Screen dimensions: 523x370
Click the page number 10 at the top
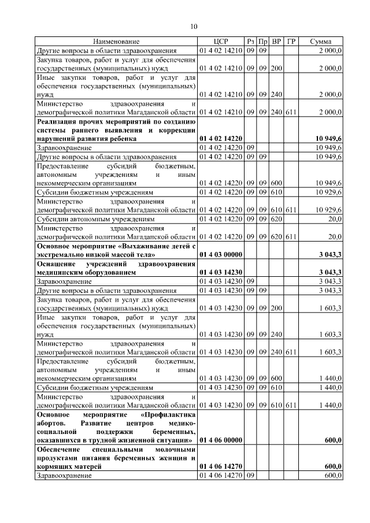point(194,26)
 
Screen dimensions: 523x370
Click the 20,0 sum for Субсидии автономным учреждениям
point(335,220)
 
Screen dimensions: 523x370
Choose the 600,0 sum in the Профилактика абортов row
point(333,440)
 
